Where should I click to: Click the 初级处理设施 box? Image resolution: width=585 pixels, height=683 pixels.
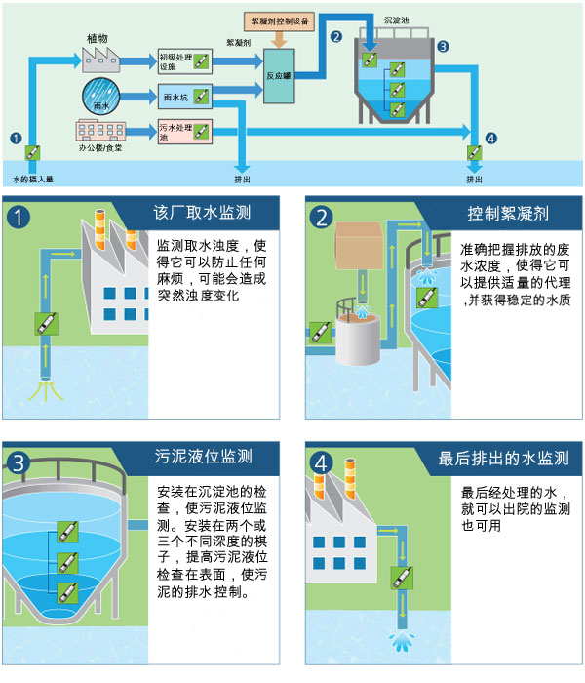[x=183, y=60]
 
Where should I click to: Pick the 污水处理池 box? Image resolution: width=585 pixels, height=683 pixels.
[x=183, y=132]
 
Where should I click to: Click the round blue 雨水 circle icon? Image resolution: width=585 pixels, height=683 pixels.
[x=98, y=97]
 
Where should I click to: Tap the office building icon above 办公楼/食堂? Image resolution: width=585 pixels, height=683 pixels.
[x=98, y=131]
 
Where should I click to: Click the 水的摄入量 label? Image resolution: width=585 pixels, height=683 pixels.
[x=32, y=180]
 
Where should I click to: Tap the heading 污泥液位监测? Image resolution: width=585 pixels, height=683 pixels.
[x=211, y=456]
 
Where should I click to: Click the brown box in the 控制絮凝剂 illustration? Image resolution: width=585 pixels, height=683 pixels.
[x=361, y=246]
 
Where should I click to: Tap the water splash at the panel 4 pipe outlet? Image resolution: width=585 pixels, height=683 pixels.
[x=400, y=640]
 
